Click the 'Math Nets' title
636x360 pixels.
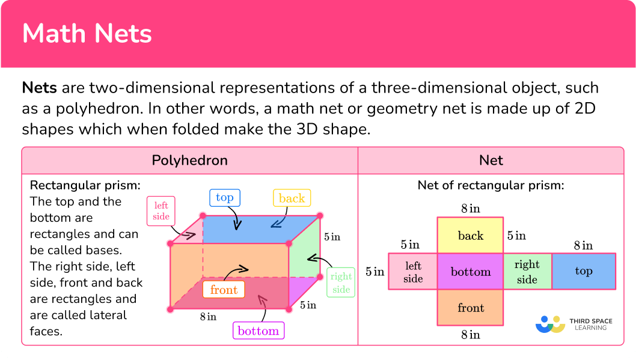point(87,33)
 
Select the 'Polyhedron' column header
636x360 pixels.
point(190,160)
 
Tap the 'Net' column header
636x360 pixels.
point(491,160)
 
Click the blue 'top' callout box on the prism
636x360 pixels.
point(225,198)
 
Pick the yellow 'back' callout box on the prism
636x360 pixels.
point(292,198)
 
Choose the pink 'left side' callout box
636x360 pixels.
point(161,211)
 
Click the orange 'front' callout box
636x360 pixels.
point(224,290)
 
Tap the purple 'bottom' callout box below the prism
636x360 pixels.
point(258,331)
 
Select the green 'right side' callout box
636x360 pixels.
point(341,282)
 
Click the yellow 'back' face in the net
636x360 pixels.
point(471,236)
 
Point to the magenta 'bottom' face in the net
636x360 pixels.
point(471,271)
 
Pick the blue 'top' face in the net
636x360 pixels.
point(584,271)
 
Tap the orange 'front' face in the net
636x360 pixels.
point(471,307)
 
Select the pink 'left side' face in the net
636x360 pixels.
point(413,271)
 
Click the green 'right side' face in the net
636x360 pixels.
point(527,271)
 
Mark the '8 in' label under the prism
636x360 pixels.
point(208,317)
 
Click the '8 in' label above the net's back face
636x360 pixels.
point(471,209)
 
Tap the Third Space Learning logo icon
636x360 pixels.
point(551,325)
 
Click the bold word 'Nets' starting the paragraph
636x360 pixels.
point(39,88)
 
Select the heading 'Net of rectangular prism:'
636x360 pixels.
point(491,185)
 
